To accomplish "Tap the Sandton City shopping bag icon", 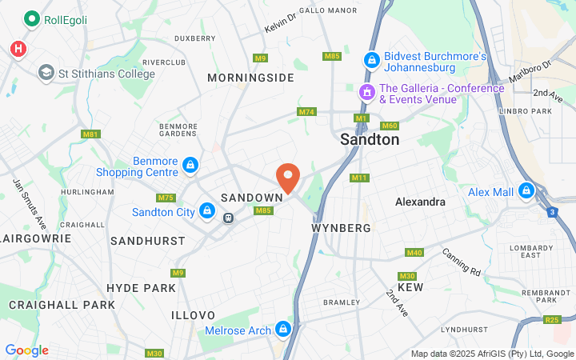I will pos(207,211).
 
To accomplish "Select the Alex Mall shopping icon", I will pos(526,191).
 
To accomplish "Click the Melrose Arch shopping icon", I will pos(282,330).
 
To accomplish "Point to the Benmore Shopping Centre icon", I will pos(190,166).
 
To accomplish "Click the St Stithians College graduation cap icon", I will pos(46,74).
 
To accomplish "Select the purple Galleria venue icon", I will pos(366,93).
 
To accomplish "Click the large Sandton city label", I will pos(370,139).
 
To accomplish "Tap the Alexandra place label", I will pos(420,202).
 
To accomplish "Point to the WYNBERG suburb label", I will pos(341,228).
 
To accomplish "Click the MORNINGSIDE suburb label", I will pos(250,78).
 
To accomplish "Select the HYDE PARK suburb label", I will pos(141,287).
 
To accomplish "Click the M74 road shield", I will pos(306,112).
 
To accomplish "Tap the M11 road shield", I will pos(359,178).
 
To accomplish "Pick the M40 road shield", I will pos(414,253).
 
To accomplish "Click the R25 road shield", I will pos(552,320).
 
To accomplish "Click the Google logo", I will pos(26,350).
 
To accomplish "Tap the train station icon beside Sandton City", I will pos(229,217).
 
